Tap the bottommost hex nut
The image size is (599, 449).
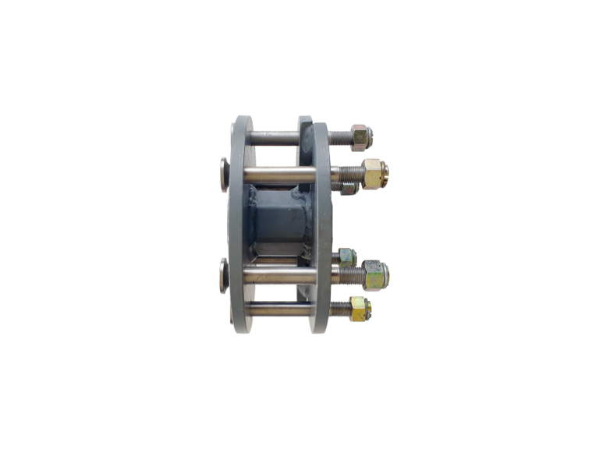point(360,309)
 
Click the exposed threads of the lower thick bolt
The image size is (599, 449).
point(348,274)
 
